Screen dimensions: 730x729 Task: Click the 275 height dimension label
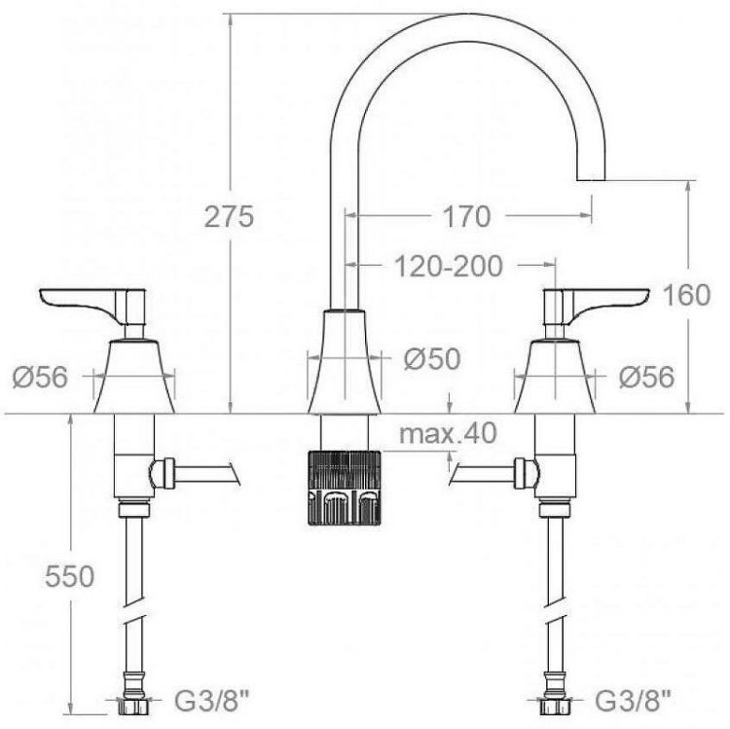[230, 216]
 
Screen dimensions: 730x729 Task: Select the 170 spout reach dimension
[466, 216]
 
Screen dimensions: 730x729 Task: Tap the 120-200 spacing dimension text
[449, 267]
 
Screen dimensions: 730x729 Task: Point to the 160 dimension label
[686, 295]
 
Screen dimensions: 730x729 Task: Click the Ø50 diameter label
[432, 359]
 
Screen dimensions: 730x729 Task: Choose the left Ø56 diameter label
[40, 377]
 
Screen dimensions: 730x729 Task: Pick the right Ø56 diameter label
[646, 377]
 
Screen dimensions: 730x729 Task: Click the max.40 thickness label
[448, 433]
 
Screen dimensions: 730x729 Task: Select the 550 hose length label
[70, 576]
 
